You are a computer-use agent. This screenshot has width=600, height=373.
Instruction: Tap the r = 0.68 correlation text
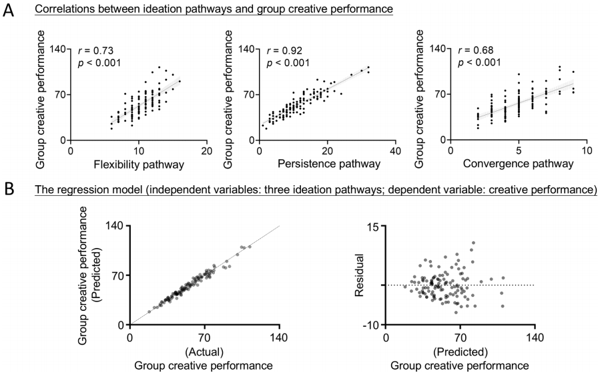coord(476,51)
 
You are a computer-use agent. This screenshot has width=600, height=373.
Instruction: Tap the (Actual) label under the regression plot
coord(204,351)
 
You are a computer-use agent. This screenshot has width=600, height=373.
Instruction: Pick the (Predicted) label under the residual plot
coord(460,351)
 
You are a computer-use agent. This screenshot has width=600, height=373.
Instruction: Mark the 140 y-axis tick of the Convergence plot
coord(438,49)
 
